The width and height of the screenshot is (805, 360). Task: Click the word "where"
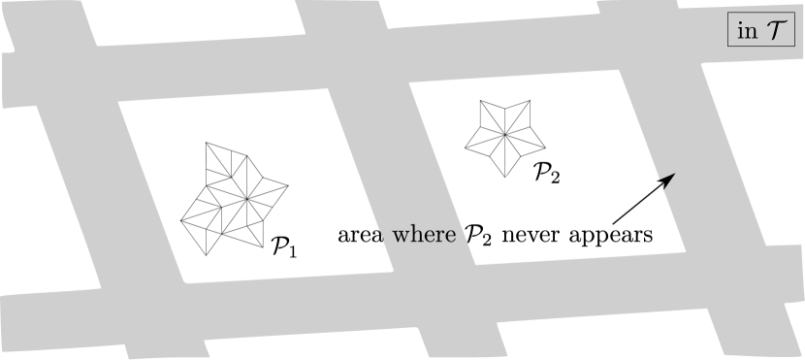point(423,235)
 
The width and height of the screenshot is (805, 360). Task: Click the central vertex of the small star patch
point(505,137)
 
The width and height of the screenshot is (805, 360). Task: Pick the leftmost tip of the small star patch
point(466,149)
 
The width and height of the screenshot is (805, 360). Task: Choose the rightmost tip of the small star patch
point(545,148)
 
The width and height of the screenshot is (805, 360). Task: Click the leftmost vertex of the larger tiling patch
point(180,220)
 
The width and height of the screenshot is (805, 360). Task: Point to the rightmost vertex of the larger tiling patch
point(289,183)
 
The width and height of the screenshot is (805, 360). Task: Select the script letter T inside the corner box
point(777,30)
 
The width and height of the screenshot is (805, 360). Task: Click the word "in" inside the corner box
point(747,30)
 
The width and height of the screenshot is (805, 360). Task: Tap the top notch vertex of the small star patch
point(505,108)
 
